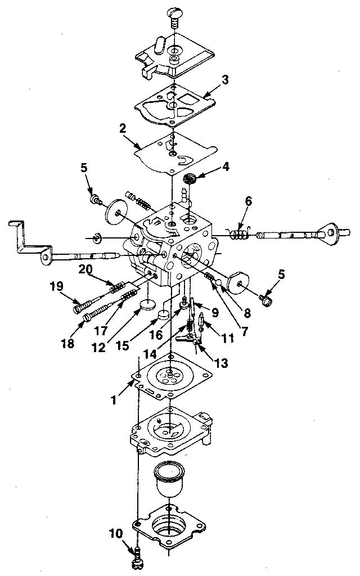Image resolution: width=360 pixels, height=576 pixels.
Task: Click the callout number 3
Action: (224, 80)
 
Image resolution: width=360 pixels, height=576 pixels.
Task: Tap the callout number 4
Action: (226, 166)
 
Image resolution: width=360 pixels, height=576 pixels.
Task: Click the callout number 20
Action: (85, 269)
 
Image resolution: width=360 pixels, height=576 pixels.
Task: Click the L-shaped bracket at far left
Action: (28, 241)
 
